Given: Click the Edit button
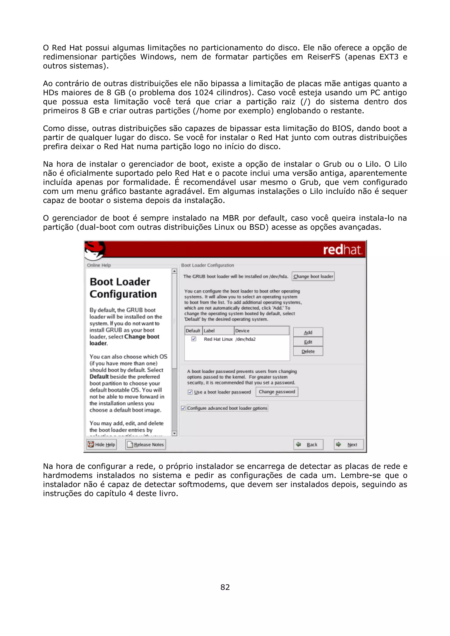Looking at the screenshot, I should [308, 342].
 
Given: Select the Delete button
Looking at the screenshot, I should [308, 351].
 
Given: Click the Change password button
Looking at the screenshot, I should [276, 392].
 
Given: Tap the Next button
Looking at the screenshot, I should [348, 444].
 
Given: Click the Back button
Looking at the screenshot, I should [308, 444].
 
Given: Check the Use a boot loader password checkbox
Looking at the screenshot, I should [190, 392].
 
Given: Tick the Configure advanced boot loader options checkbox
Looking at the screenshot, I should [183, 408].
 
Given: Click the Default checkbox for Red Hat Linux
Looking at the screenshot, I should [194, 339].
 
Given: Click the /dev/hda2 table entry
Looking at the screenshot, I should [245, 339].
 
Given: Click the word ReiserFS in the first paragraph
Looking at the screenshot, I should [323, 57].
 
